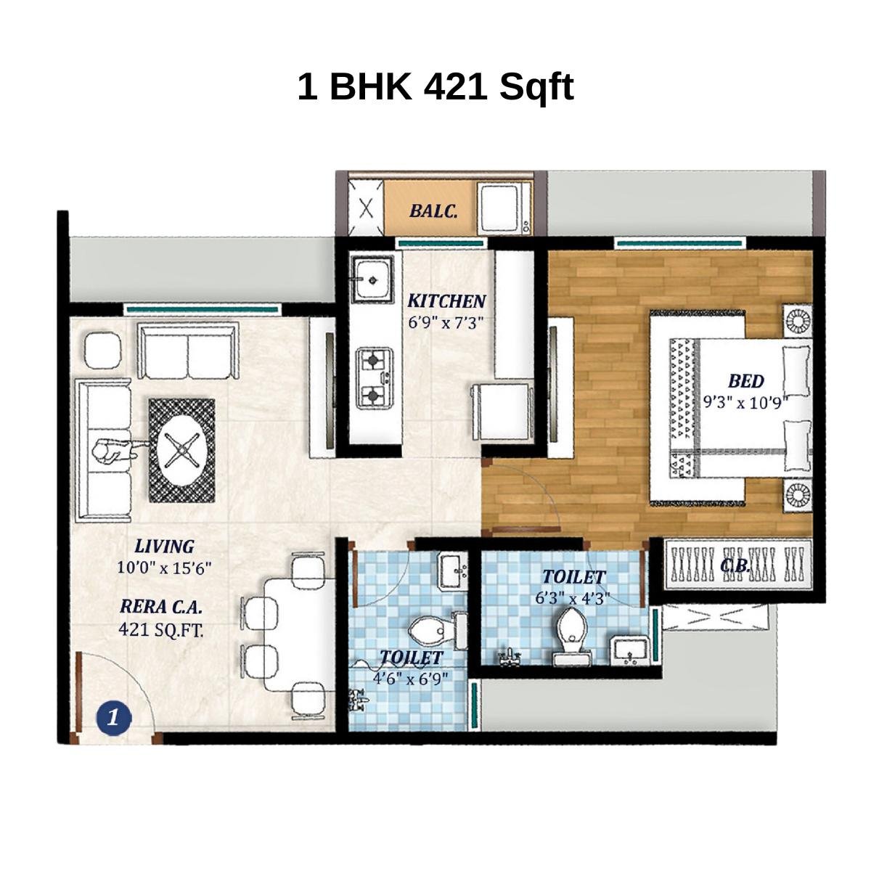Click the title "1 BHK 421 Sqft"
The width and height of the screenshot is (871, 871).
tap(435, 87)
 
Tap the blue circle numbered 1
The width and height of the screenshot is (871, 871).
tap(113, 718)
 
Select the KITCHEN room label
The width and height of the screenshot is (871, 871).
tap(446, 300)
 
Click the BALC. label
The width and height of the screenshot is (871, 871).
tap(433, 211)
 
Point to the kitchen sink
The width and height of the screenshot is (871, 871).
tap(373, 277)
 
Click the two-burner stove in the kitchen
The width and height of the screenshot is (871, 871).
tap(374, 376)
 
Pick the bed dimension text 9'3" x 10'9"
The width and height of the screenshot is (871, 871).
tap(745, 402)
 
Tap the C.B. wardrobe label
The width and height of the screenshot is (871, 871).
tap(735, 565)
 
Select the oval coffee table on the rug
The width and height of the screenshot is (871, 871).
tap(182, 450)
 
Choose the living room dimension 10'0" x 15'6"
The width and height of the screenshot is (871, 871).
tap(164, 568)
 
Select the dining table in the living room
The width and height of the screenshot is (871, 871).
tap(298, 634)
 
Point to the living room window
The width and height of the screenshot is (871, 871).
tap(201, 309)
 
